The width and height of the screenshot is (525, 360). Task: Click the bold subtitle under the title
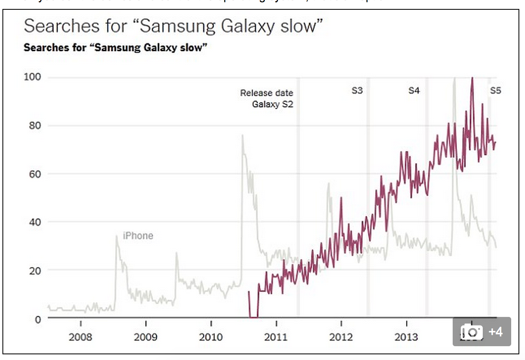coord(115,48)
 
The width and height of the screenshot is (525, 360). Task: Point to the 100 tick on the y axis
coord(33,78)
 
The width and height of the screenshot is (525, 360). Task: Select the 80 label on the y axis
coord(34,126)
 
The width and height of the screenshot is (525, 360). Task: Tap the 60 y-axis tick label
coord(34,174)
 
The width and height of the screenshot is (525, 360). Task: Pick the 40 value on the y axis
coord(34,222)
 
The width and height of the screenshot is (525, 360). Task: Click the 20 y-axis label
coord(34,270)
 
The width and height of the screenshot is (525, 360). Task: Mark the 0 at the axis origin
coord(37,319)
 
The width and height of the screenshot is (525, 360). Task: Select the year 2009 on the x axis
coord(145,337)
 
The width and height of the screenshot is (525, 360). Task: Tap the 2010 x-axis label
coord(211,337)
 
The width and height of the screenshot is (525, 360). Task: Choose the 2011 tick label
coord(276,337)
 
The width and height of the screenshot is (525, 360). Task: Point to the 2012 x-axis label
coord(341,337)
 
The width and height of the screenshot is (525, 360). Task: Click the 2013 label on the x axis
coord(406,337)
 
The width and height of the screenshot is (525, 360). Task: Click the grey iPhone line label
coord(138,236)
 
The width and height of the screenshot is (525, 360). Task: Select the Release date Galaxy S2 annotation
coord(267,98)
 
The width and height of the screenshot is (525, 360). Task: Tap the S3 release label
coord(357,91)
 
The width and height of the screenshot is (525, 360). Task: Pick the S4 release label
coord(414,91)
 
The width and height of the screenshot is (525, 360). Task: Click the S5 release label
coord(495,91)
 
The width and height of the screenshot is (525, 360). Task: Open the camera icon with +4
coord(482,332)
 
